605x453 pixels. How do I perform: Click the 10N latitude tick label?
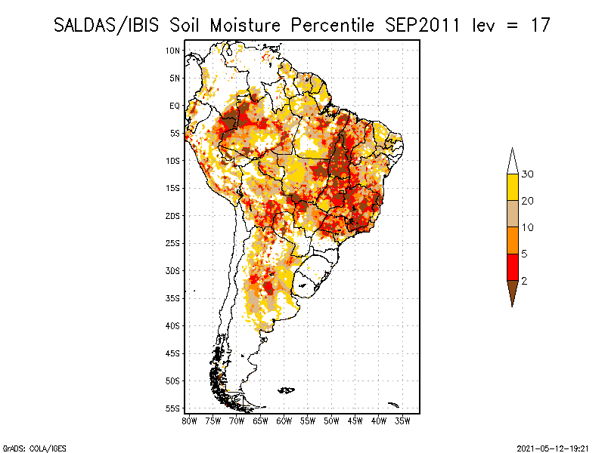click(x=173, y=51)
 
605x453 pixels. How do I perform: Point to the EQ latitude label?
click(x=175, y=106)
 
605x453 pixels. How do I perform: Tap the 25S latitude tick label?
click(x=173, y=243)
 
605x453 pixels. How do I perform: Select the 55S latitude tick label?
click(x=173, y=408)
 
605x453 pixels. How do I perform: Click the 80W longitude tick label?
click(x=189, y=421)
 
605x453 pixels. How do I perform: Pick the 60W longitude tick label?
click(x=284, y=421)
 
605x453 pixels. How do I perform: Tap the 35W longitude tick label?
click(x=402, y=421)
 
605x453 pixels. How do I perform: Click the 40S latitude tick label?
click(x=173, y=326)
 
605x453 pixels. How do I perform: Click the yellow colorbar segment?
click(x=513, y=187)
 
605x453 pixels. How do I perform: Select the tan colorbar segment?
click(x=513, y=214)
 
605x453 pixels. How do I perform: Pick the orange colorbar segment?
click(x=513, y=240)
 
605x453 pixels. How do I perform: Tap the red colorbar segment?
click(x=513, y=267)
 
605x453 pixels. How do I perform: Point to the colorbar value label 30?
click(x=527, y=174)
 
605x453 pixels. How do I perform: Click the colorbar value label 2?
click(x=524, y=281)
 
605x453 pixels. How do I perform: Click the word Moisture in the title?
click(x=245, y=26)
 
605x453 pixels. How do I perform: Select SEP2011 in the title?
click(x=423, y=26)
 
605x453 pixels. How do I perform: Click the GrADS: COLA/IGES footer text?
click(x=34, y=448)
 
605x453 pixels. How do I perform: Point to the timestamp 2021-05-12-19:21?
click(x=553, y=448)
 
